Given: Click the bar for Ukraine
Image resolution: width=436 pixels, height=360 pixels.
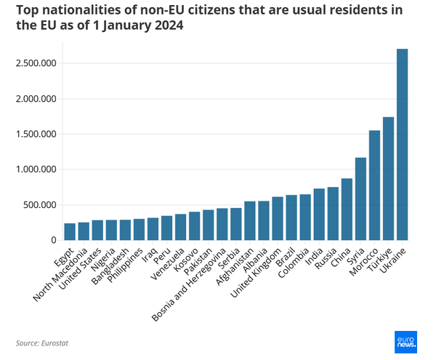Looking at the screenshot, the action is [x=402, y=145].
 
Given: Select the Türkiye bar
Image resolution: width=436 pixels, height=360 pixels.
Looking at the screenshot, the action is [x=389, y=179].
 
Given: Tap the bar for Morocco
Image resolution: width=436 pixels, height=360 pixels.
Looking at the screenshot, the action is [x=374, y=185].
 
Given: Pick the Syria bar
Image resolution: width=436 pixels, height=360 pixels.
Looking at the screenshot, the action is [x=360, y=199].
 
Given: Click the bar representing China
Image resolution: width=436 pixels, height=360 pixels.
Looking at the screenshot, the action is [x=347, y=209].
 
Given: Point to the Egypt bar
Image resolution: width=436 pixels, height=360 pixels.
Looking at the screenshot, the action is [x=70, y=232].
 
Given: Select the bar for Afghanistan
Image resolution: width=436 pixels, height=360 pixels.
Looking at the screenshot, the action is [x=250, y=220].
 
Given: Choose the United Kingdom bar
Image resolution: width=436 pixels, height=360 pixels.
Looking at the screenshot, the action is [x=278, y=218].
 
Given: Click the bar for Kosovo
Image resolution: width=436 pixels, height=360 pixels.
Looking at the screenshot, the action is [x=194, y=226].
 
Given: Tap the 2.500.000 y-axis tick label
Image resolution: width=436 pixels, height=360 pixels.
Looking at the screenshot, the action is [x=36, y=63].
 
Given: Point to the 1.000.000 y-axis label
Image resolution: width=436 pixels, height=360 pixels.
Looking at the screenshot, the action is [x=36, y=169].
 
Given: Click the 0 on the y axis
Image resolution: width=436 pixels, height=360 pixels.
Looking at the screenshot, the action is [x=54, y=240].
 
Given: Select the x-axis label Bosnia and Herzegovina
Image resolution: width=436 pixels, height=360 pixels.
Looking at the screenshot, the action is [x=188, y=284].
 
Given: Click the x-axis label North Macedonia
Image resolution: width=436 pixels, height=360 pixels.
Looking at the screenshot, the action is [x=60, y=275].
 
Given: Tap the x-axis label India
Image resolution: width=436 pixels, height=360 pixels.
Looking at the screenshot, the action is [x=314, y=256].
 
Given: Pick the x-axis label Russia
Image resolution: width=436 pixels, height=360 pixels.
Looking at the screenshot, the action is [x=326, y=258].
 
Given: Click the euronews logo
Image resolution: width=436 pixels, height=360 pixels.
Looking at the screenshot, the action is [x=405, y=342].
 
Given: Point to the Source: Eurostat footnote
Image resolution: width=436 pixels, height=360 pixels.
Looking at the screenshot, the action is [x=42, y=343].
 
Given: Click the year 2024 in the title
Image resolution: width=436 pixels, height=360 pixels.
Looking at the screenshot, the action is [x=169, y=25].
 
